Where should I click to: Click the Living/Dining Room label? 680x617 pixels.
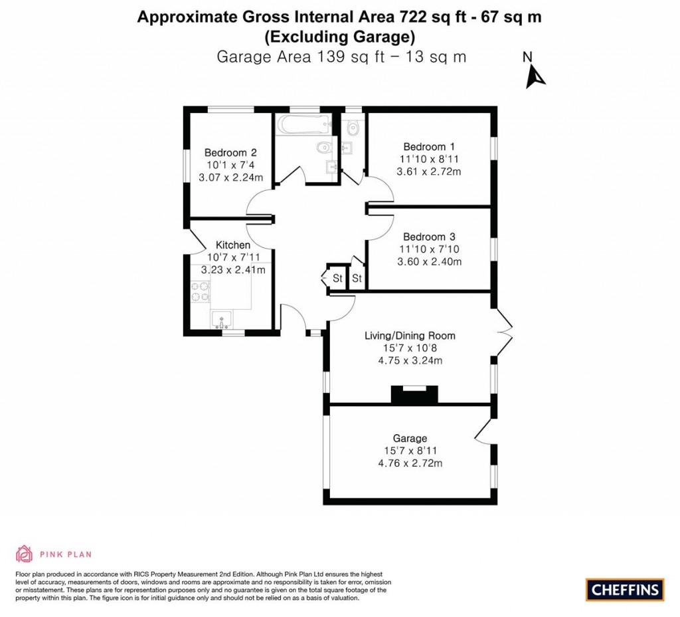[410, 336]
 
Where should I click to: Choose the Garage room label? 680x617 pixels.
[410, 438]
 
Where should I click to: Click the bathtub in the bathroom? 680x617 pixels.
[304, 124]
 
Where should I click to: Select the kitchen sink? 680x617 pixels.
[221, 319]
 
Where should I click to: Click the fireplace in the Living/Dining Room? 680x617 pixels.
[414, 395]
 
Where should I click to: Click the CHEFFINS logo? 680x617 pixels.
[624, 589]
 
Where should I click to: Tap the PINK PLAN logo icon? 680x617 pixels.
[24, 553]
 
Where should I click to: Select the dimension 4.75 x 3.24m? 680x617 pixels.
[410, 360]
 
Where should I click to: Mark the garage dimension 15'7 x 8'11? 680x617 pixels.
[410, 451]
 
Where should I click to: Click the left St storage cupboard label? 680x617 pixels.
[337, 279]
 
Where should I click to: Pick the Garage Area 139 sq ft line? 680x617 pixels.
[341, 57]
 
